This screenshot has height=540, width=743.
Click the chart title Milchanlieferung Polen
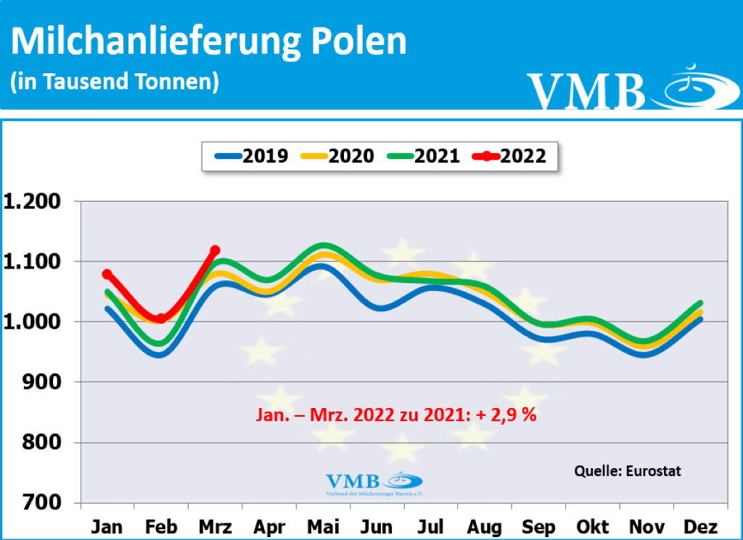(209, 42)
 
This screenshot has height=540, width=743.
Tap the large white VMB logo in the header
(624, 89)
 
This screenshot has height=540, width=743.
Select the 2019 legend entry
(252, 155)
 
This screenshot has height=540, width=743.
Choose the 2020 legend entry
(337, 155)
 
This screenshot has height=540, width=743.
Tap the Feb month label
(160, 526)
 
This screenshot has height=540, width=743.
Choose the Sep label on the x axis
(538, 526)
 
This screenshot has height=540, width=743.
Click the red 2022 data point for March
(215, 250)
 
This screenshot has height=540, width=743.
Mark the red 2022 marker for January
(107, 274)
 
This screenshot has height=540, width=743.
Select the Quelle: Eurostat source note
(628, 470)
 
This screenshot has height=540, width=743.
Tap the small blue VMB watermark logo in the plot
(374, 483)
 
